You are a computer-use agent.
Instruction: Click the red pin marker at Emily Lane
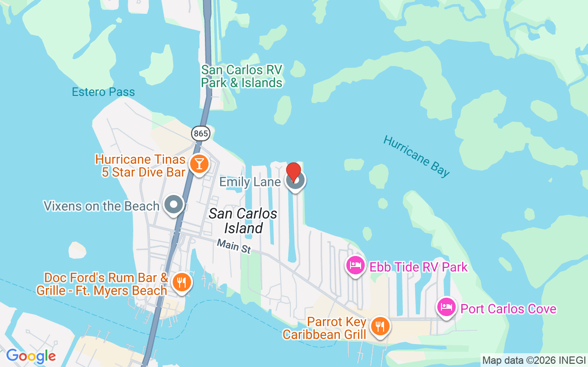point(294,173)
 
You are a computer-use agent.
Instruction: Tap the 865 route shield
point(201,133)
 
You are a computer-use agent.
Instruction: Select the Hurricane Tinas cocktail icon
point(199,164)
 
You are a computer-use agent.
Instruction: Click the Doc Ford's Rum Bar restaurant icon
point(182,282)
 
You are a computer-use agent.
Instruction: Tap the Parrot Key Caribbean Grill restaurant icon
point(380,326)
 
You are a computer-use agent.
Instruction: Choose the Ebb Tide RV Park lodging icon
point(355,266)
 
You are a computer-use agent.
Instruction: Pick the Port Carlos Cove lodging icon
point(446,307)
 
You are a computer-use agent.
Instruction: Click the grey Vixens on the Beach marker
point(174,205)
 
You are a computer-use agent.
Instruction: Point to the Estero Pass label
point(103,92)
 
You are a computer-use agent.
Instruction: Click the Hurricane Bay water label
point(416,156)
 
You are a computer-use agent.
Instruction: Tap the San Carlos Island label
point(243,221)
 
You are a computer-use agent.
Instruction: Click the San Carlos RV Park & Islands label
point(242,76)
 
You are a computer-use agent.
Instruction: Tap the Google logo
point(31,356)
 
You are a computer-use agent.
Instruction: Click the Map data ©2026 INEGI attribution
point(534,360)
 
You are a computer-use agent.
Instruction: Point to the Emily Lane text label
point(250,182)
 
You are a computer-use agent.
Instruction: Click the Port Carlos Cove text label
point(509,309)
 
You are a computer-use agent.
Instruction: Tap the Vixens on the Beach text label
point(102,206)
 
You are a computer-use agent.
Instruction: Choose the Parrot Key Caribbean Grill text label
point(324,328)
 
